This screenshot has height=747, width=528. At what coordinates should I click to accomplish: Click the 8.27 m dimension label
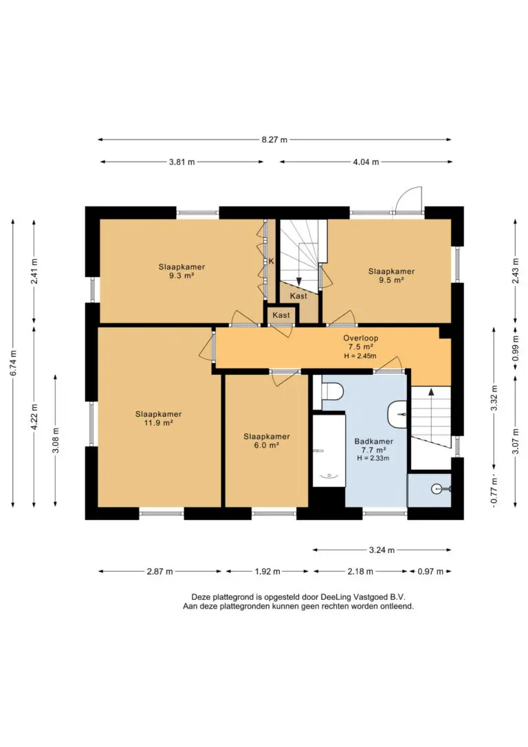point(274,140)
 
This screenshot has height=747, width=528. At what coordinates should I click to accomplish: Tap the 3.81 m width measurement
point(182,162)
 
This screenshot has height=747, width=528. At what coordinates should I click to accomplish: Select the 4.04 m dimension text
point(366,162)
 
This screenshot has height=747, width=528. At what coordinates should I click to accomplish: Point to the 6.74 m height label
point(13,363)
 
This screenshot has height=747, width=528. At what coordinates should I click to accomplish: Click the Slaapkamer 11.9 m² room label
point(159,418)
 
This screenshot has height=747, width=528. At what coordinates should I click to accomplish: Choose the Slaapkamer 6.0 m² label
point(267,441)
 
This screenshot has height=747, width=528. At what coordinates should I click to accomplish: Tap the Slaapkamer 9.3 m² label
point(182,271)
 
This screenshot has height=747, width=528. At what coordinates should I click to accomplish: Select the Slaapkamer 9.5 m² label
point(391,276)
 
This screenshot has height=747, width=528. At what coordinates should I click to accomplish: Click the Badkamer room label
point(374,442)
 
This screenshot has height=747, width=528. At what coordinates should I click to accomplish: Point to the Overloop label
point(361,338)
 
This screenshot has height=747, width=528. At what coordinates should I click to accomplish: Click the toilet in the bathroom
point(332,392)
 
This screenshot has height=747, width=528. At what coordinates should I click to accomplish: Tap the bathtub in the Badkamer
point(329,451)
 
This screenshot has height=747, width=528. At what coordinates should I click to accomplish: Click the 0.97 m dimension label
point(430,571)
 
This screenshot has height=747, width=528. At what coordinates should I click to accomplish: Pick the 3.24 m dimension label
point(382,550)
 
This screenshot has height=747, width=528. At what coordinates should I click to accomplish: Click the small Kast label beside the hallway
point(281,315)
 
